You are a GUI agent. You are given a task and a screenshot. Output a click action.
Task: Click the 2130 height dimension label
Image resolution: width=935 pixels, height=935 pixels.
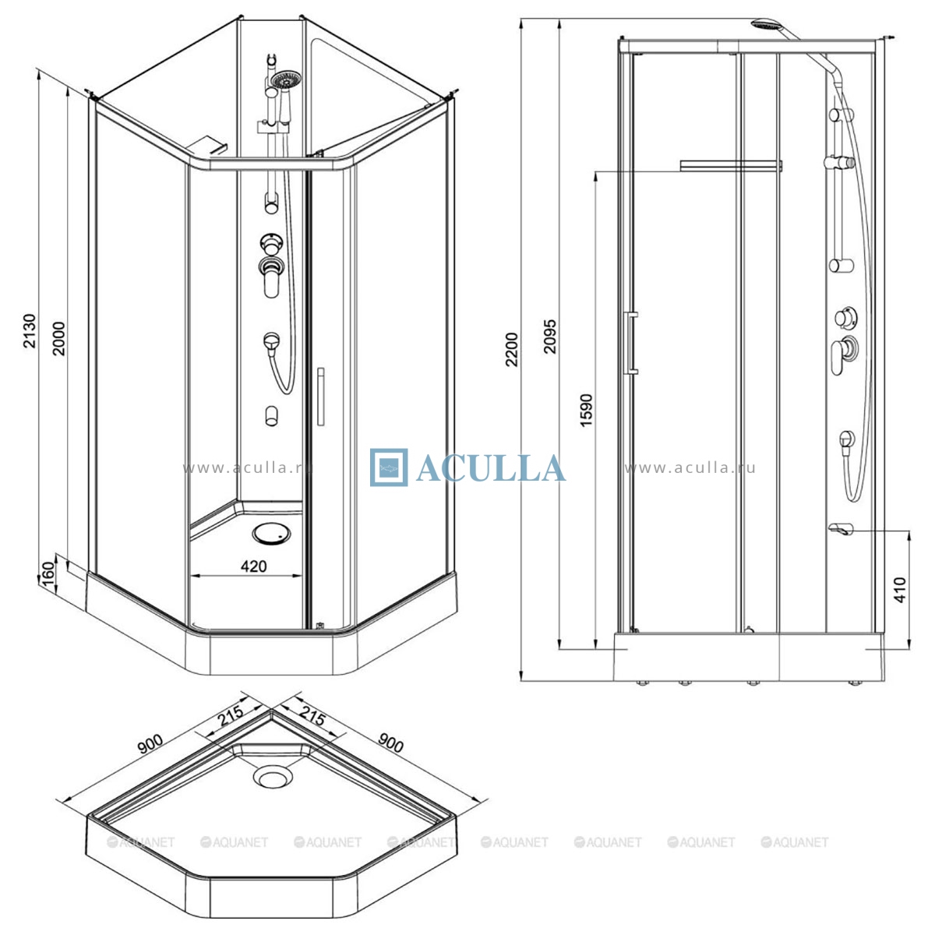(x=30, y=331)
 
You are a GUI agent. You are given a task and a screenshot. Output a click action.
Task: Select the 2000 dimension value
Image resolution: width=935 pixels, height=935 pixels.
(x=58, y=339)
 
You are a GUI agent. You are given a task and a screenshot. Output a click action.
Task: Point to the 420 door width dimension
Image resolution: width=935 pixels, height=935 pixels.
(x=254, y=566)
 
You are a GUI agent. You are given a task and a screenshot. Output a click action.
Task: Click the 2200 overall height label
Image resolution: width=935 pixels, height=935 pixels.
(x=512, y=349)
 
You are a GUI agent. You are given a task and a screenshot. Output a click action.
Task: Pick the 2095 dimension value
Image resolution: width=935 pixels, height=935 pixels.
(x=550, y=337)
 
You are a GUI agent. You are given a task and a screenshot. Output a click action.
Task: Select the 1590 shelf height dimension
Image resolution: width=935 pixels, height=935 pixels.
(x=586, y=411)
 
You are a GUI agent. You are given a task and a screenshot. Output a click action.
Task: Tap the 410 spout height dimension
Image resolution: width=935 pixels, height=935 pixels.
(x=899, y=590)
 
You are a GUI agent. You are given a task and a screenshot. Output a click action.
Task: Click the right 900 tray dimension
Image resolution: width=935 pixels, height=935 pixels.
(x=390, y=743)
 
